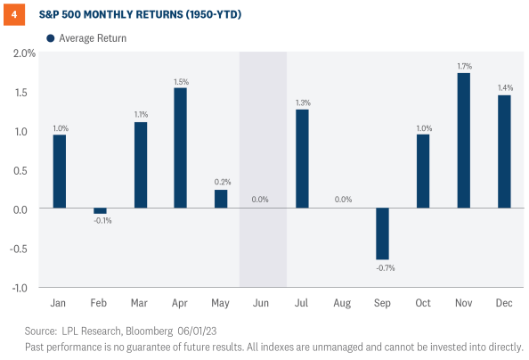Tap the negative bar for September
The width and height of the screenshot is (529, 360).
coord(383,234)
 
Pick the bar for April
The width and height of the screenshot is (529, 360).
coord(181,149)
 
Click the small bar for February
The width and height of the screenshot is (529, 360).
coord(101,211)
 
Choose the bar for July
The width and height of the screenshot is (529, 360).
coord(302,159)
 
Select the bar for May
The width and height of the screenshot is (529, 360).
coord(221,200)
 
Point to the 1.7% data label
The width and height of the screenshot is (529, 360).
coord(463,65)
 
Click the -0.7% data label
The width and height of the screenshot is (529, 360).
coord(383,268)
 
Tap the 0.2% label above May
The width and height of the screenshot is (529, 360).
coord(221,182)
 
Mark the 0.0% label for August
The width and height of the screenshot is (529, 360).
coord(343,200)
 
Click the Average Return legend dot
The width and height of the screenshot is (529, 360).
coord(50,38)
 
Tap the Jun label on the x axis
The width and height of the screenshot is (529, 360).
coord(262,304)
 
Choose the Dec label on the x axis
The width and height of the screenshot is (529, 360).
coord(503,304)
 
